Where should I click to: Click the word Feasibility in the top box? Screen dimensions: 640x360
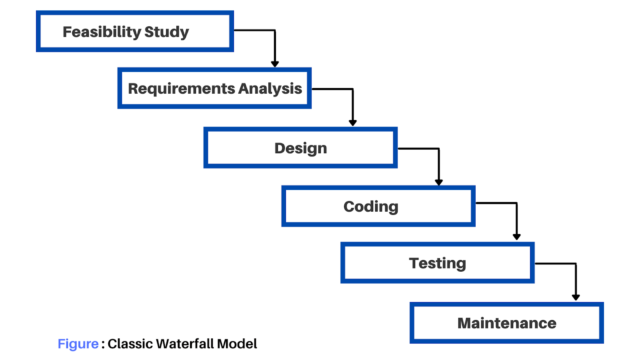click(x=102, y=32)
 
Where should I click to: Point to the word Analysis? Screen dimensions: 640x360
click(x=270, y=89)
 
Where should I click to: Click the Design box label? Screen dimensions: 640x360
click(x=300, y=148)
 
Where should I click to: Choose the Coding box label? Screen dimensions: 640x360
click(x=371, y=207)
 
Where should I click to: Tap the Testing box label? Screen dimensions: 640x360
click(x=438, y=264)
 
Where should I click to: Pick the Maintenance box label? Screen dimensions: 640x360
click(x=507, y=323)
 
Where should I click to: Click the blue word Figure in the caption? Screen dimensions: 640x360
click(x=78, y=344)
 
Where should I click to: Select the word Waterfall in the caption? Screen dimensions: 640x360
click(x=186, y=344)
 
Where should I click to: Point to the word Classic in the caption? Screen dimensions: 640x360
click(x=130, y=344)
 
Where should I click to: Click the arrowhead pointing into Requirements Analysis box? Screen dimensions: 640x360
click(x=275, y=64)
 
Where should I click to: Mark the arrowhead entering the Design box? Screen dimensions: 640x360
click(x=353, y=123)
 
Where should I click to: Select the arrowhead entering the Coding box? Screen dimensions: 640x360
click(x=439, y=182)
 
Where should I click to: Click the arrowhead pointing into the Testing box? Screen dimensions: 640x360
click(x=516, y=237)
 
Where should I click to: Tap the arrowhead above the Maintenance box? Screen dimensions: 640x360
click(x=576, y=297)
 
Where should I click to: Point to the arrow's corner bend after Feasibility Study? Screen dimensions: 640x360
click(x=275, y=30)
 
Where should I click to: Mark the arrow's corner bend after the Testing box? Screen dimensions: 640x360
click(x=576, y=264)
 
